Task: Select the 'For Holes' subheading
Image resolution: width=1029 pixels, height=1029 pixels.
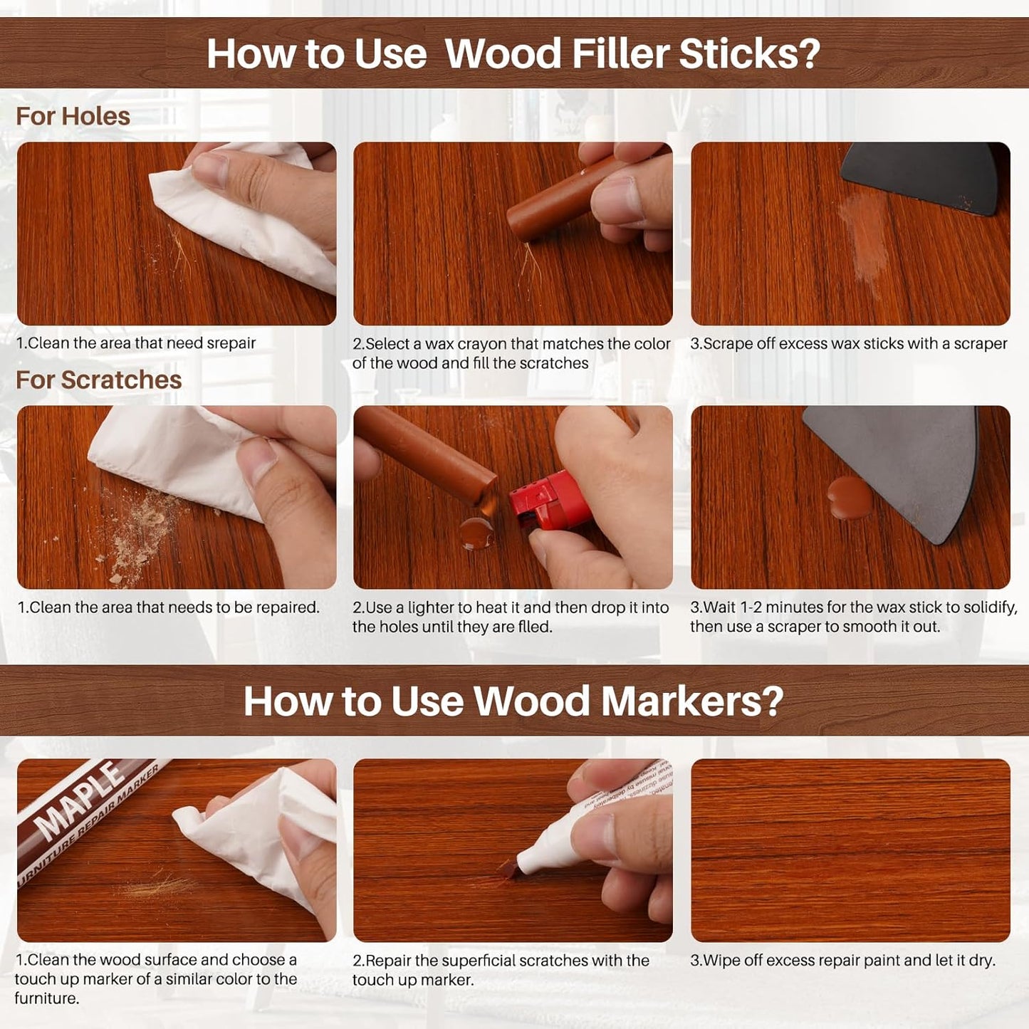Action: pos(73,116)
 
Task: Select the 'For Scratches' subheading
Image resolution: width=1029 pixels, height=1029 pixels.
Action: pos(98,380)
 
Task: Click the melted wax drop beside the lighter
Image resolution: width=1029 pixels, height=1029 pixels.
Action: pos(476,533)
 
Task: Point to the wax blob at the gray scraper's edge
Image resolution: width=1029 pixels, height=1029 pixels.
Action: pos(849,496)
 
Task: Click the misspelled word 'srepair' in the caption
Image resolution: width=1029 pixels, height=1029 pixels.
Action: pos(231,343)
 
